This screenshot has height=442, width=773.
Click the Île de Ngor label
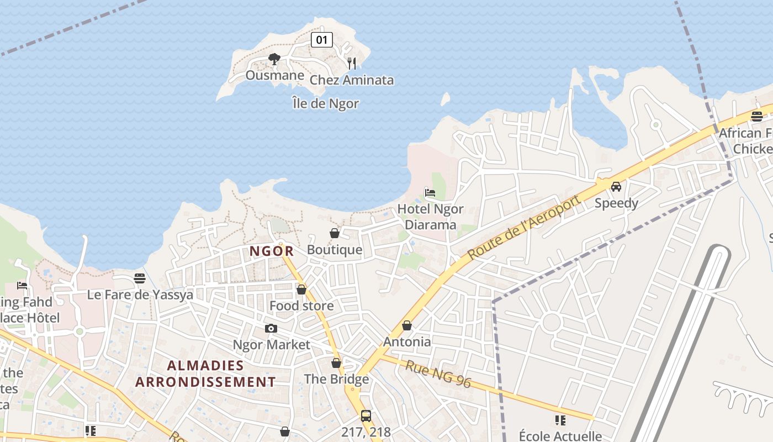(326, 103)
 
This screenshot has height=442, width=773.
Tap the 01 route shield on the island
(322, 40)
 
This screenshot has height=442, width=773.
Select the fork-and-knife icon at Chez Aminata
(352, 63)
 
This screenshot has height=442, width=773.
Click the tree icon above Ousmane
(274, 59)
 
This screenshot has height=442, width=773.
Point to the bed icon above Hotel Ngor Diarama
(430, 192)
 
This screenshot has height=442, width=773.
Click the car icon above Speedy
(616, 187)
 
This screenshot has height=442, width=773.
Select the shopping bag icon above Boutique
(335, 233)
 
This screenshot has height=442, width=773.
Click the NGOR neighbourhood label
(272, 251)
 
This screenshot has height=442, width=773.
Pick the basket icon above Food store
(301, 289)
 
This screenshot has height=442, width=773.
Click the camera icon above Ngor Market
(271, 328)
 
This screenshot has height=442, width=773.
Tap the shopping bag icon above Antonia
(407, 325)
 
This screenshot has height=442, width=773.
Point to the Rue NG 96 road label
(438, 374)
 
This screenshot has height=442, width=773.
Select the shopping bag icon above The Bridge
(336, 363)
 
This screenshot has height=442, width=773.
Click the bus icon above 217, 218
(366, 415)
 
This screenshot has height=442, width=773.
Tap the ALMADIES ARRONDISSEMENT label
(205, 373)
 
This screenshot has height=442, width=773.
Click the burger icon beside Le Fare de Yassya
(140, 278)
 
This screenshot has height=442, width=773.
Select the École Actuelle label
(560, 436)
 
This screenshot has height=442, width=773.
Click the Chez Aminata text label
(352, 80)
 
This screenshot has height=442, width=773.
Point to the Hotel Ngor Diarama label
(431, 217)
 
